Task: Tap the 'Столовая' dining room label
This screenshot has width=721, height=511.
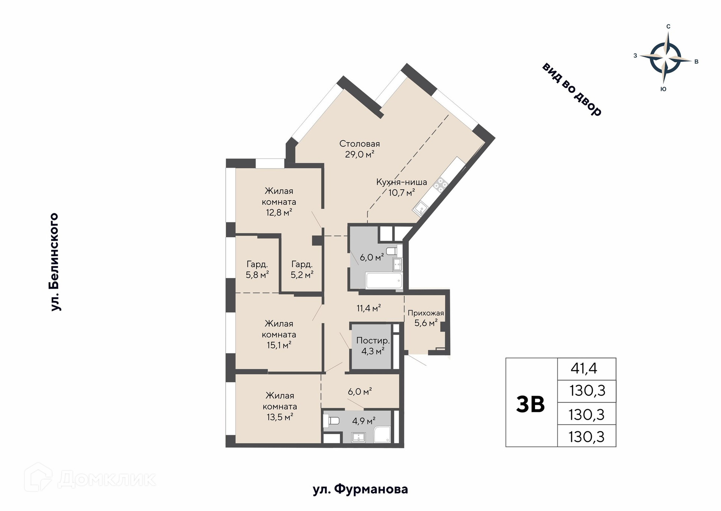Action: tap(359, 144)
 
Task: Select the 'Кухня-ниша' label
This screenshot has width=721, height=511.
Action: tap(401, 182)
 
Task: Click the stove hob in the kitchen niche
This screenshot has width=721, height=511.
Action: tap(440, 185)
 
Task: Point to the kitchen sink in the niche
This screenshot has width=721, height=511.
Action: tap(421, 208)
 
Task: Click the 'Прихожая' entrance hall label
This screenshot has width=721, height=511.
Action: tap(426, 313)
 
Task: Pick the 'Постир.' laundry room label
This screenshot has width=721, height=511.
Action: tap(373, 341)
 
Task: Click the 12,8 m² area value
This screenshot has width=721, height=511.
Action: tap(279, 213)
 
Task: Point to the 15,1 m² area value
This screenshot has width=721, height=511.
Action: tap(279, 345)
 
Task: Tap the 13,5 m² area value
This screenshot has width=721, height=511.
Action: tap(280, 417)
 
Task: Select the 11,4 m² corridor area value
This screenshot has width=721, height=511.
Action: tap(369, 309)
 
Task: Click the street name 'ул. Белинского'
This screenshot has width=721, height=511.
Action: tap(55, 262)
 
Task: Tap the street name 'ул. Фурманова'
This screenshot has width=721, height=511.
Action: tap(360, 490)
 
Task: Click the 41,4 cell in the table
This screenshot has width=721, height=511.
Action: tap(584, 369)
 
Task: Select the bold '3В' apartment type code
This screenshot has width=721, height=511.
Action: tap(530, 404)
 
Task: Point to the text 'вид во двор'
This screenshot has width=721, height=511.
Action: tap(572, 89)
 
